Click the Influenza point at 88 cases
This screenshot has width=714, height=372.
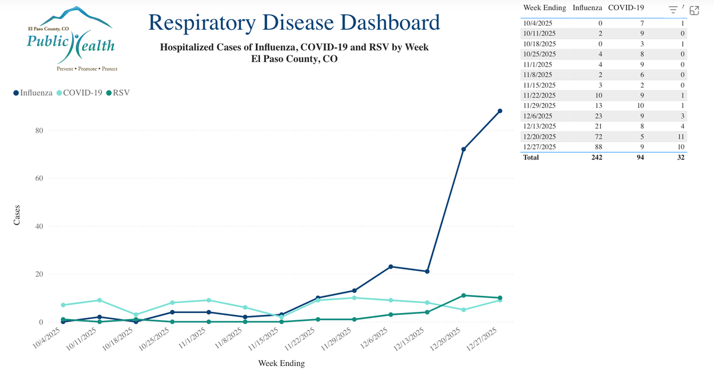click(x=500, y=111)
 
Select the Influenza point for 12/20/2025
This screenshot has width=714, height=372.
click(x=464, y=149)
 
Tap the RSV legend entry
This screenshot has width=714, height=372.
click(x=118, y=93)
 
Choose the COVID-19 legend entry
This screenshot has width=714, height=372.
click(x=79, y=93)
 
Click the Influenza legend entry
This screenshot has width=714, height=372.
click(x=33, y=93)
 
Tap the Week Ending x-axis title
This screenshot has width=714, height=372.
click(x=281, y=363)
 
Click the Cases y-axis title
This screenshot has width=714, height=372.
click(x=17, y=215)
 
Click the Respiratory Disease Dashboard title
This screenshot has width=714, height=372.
click(x=294, y=23)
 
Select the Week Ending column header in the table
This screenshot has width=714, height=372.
click(x=544, y=8)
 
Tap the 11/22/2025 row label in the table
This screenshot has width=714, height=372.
click(x=540, y=95)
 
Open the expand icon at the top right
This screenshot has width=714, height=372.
click(x=694, y=9)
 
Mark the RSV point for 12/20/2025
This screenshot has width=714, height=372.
click(x=464, y=296)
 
